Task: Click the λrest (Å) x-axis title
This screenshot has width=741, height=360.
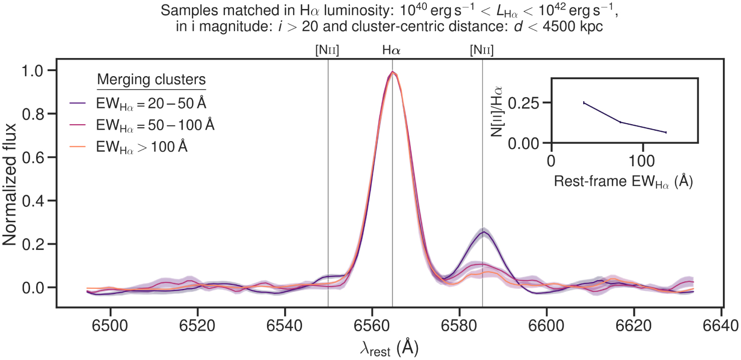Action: (389, 347)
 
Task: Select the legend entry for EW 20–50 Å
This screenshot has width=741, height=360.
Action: (150, 104)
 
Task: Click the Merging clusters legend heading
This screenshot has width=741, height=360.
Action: (152, 80)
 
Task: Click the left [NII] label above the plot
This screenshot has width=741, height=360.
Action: (327, 50)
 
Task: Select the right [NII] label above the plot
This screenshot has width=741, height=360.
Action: (481, 50)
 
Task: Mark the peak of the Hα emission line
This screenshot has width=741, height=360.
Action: (393, 72)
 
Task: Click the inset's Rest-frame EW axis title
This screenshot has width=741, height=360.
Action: (623, 182)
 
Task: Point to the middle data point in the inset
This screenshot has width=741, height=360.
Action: (620, 122)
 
